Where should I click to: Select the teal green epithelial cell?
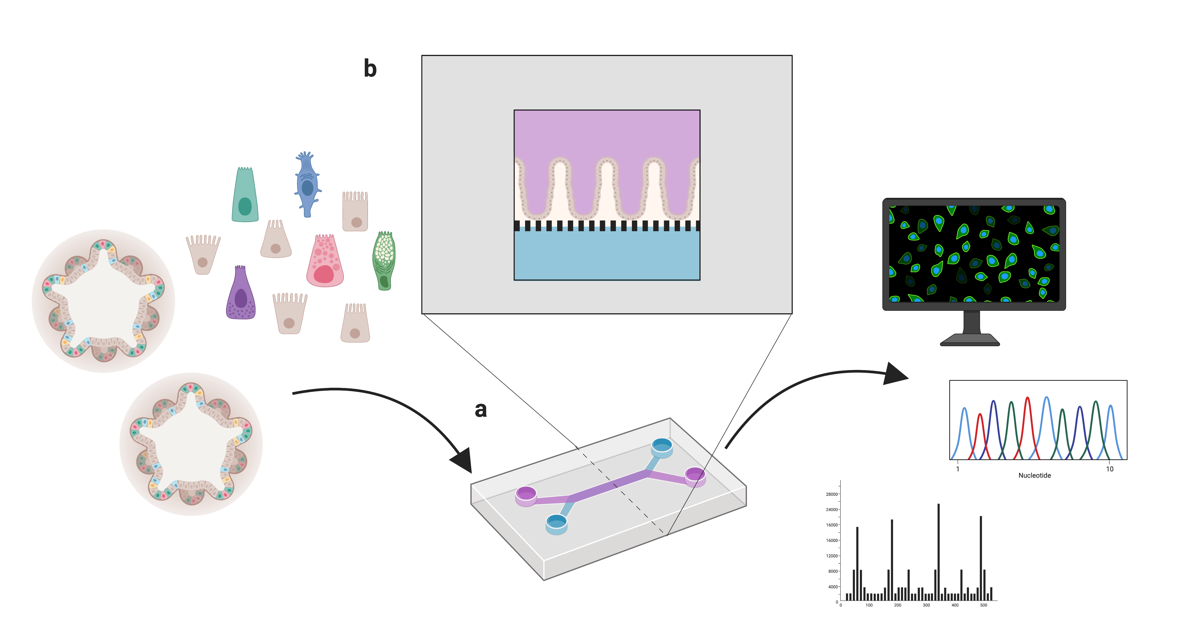pos(245,195)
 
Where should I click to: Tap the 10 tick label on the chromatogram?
pos(1110,469)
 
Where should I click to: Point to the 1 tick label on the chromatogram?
pos(958,469)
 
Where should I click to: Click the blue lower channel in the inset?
pos(607,255)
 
